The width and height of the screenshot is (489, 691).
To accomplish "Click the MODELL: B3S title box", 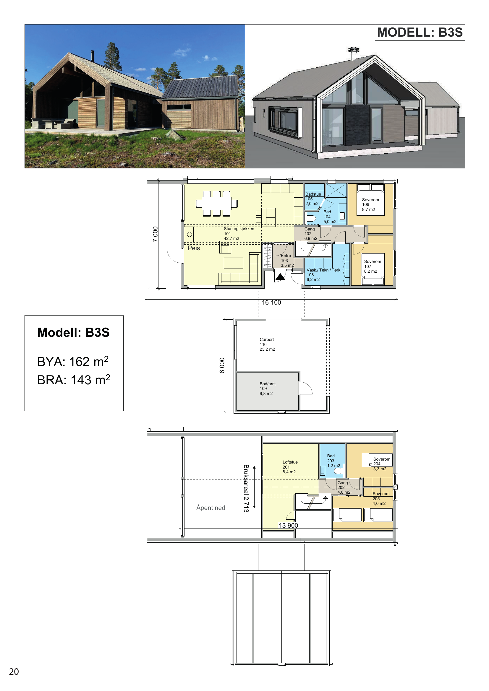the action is tap(420, 32).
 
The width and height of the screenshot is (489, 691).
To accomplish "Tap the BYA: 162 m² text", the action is tap(73, 361).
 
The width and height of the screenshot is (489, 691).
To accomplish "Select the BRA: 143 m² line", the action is tap(74, 380).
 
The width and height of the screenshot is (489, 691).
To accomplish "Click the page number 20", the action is tap(14, 672).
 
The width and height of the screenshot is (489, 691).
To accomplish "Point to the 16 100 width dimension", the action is tap(271, 303).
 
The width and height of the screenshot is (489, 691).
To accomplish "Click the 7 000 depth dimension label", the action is tap(155, 234).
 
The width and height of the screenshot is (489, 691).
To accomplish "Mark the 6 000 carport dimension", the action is tap(222, 365).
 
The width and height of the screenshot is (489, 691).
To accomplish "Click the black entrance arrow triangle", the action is tap(280, 277).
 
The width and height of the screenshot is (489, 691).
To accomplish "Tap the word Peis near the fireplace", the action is tap(194, 248).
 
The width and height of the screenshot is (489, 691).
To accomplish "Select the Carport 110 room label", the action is tap(267, 344).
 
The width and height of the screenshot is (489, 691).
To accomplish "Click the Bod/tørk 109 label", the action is tap(267, 388).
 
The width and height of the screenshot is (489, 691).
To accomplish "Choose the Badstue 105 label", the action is tap(313, 199).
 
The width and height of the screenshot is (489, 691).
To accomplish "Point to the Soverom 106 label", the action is tap(370, 205).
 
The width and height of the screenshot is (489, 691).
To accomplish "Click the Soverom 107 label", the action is tap(372, 266).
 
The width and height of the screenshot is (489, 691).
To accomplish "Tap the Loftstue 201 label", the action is tap(290, 467).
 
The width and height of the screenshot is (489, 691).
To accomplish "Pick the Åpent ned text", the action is tap(211, 508).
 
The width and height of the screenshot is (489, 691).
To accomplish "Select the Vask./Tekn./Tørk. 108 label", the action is tap(324, 275).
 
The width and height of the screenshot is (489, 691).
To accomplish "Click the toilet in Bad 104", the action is tap(311, 218).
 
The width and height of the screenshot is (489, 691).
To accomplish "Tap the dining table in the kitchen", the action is tap(216, 204).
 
